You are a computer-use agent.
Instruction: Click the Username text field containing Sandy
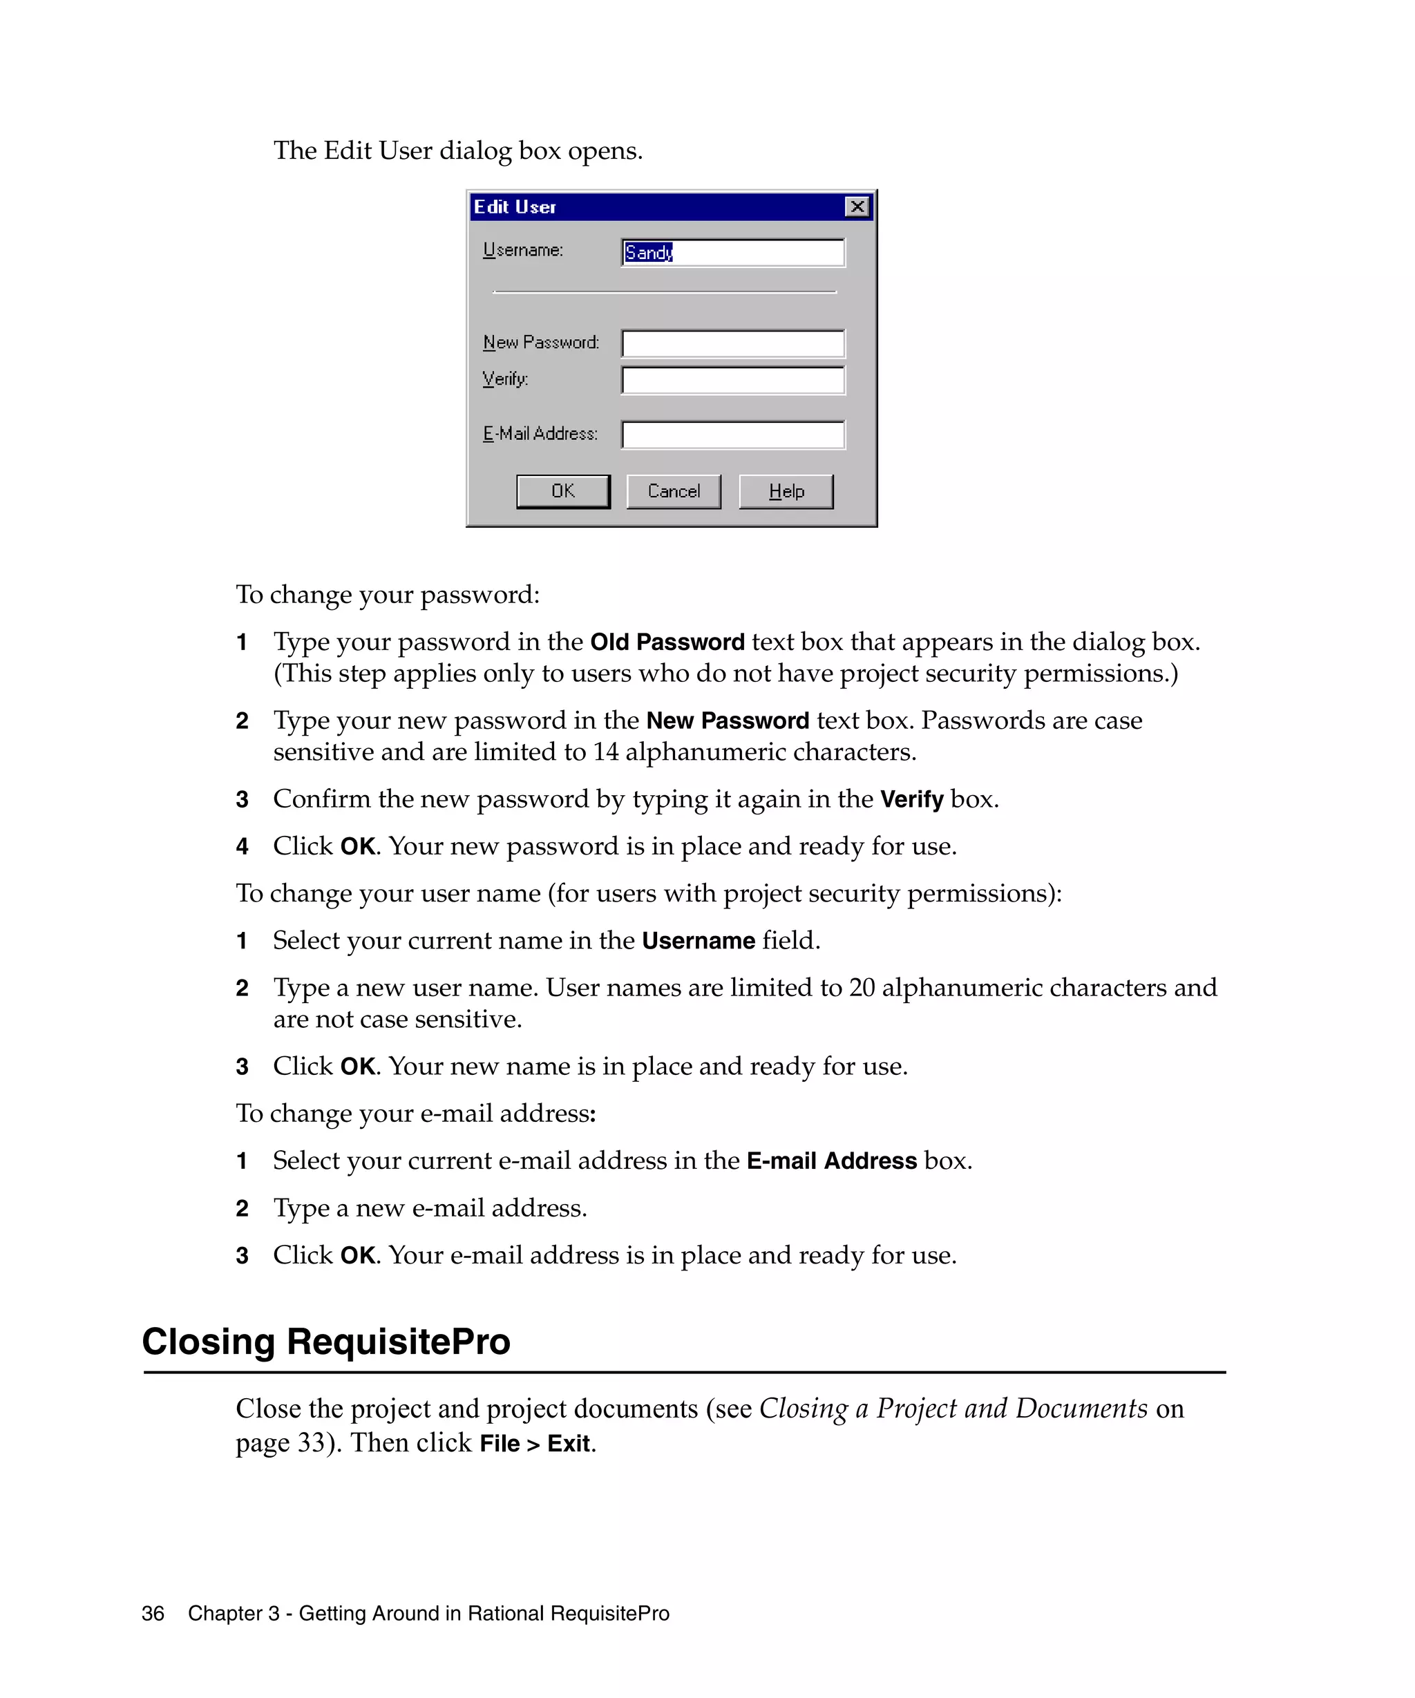point(732,252)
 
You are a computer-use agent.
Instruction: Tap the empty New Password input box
point(732,343)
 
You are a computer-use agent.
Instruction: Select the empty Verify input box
point(732,380)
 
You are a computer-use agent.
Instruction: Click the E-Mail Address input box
point(732,435)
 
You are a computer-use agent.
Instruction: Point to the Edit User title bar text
point(515,207)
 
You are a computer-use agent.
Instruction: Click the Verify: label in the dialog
point(505,379)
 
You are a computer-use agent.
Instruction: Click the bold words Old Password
point(666,642)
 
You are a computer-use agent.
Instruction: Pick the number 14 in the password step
point(606,752)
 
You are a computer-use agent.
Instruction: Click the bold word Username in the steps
point(698,940)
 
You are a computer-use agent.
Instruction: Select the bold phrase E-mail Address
point(830,1161)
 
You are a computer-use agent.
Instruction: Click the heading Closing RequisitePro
point(326,1342)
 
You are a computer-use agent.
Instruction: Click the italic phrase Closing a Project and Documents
point(953,1409)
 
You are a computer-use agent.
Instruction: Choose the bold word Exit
point(569,1443)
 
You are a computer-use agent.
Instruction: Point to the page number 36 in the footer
point(153,1613)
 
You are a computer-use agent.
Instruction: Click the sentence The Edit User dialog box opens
point(457,151)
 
